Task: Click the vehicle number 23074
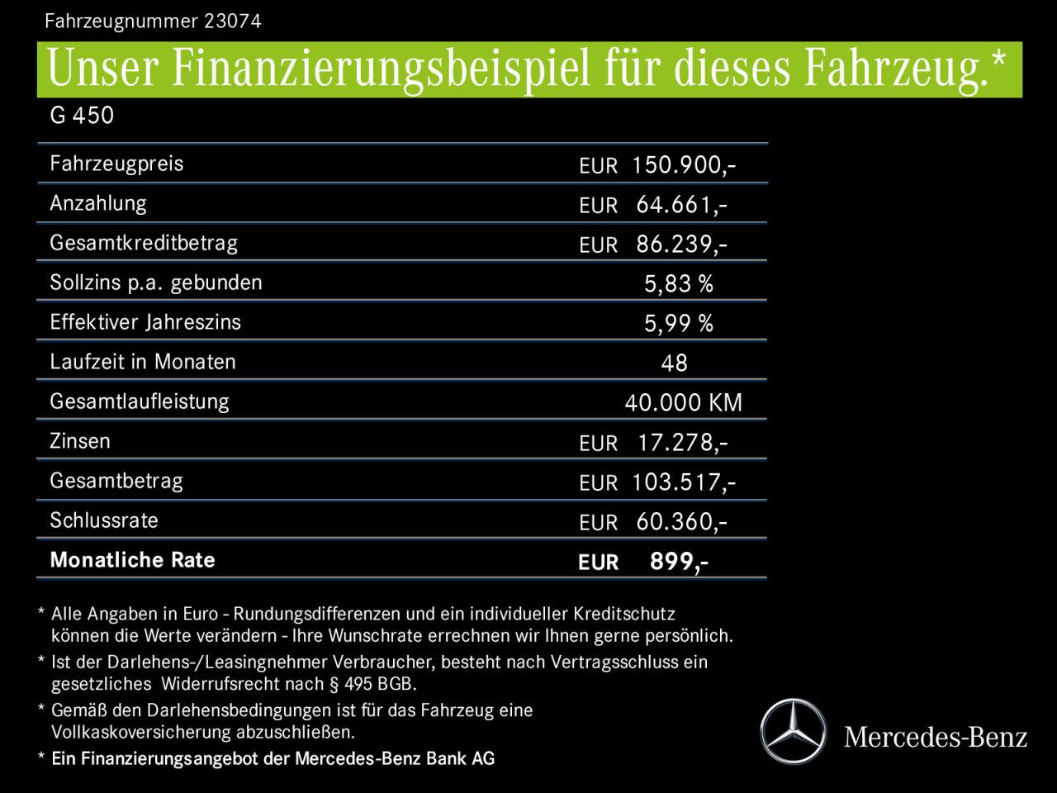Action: coord(232,21)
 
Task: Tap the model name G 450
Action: coord(82,116)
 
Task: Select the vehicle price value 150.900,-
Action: coord(683,165)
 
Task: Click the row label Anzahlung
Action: coord(98,203)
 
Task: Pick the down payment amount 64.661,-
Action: coord(681,205)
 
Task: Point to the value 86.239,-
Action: coord(681,245)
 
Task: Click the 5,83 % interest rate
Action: coord(678,284)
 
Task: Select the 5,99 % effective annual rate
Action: coord(678,324)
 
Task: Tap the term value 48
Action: coord(674,363)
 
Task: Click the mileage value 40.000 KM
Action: coord(683,403)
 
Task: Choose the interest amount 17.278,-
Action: coord(682,443)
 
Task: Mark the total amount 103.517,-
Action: coord(683,482)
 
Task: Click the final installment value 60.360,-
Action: coord(681,522)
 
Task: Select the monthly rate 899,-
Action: coord(678,562)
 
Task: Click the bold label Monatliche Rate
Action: coord(132,560)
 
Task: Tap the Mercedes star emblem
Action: coord(793,732)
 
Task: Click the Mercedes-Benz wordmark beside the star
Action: coord(936,737)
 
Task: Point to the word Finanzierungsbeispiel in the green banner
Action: coord(381,69)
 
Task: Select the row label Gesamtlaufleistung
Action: coord(139,401)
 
